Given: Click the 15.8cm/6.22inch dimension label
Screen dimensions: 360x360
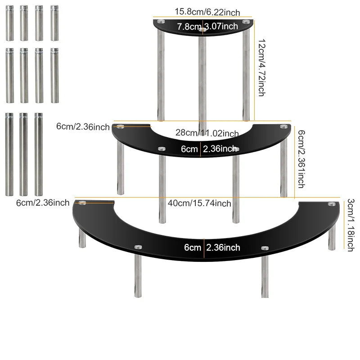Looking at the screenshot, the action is [207, 12].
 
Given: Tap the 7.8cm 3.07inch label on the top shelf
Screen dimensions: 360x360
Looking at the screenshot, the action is [207, 27].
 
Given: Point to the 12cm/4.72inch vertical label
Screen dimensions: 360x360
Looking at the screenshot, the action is [262, 67].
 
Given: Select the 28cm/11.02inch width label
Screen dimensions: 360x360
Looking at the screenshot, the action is [207, 133].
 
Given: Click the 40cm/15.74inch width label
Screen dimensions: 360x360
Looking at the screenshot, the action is [199, 203].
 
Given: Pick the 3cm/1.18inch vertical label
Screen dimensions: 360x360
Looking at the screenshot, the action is [351, 225].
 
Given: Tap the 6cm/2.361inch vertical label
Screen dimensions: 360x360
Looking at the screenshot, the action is [301, 159].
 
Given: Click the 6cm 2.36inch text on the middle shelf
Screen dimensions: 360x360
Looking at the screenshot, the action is [209, 149].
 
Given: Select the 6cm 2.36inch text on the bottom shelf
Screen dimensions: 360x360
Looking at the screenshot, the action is [212, 247].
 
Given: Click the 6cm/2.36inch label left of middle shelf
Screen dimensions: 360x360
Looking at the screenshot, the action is [83, 127].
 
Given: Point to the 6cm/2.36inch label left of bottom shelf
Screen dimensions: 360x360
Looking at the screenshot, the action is [43, 203].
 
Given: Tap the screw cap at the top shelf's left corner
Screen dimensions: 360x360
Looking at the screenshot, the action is [161, 22].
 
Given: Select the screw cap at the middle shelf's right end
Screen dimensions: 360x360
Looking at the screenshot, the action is [284, 126].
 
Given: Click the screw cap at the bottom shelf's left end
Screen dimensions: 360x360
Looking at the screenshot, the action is [82, 203].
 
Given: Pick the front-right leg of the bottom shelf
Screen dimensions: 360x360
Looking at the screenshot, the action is [265, 273].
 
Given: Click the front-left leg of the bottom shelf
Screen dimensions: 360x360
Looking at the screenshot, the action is [138, 272].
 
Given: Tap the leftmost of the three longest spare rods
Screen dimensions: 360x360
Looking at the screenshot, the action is [9, 154].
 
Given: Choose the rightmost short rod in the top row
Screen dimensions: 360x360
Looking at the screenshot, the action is [54, 23].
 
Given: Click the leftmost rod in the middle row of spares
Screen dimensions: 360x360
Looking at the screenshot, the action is [9, 76].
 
